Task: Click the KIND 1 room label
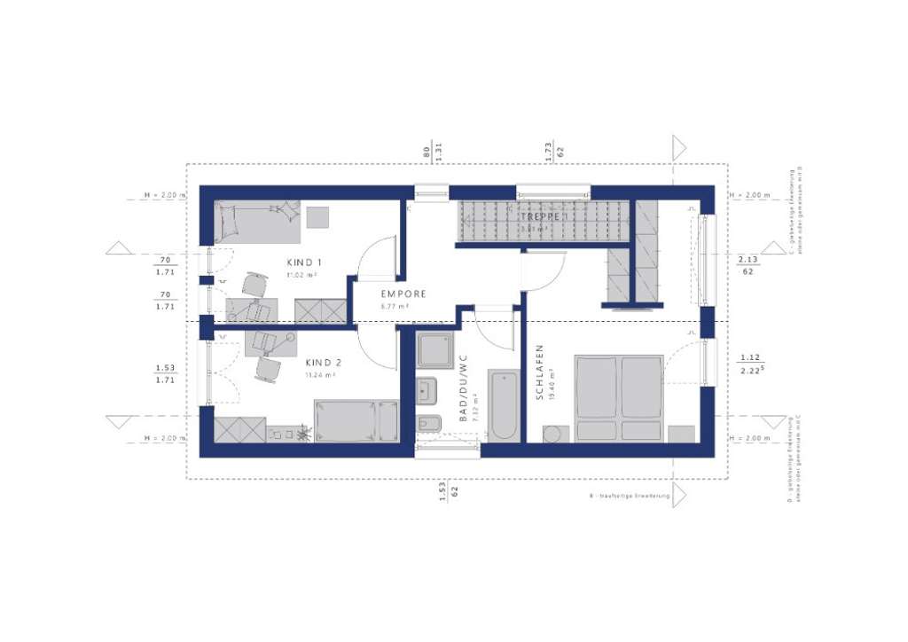pyautogui.click(x=303, y=262)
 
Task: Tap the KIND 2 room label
pyautogui.click(x=323, y=363)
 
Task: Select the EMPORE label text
pyautogui.click(x=403, y=294)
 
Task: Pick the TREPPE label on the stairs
pyautogui.click(x=541, y=215)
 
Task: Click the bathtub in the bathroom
pyautogui.click(x=503, y=405)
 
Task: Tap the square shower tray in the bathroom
pyautogui.click(x=434, y=350)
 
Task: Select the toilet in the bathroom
pyautogui.click(x=427, y=424)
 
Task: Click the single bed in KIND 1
pyautogui.click(x=257, y=221)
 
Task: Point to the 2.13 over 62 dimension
pyautogui.click(x=747, y=265)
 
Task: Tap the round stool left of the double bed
pyautogui.click(x=553, y=434)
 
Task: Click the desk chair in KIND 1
pyautogui.click(x=255, y=284)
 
